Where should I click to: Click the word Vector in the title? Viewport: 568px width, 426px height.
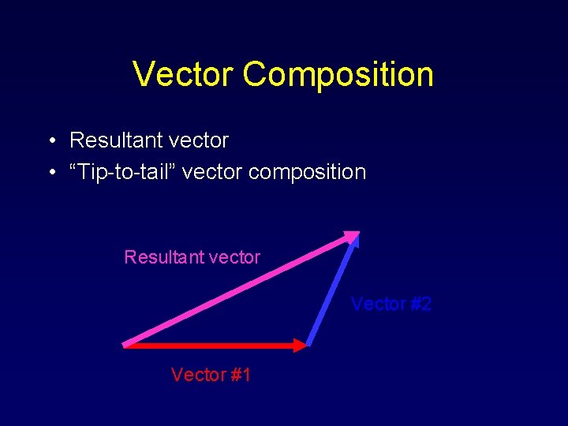(184, 74)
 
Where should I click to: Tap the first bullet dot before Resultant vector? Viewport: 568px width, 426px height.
(50, 141)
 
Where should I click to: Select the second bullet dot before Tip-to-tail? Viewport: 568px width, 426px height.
(50, 173)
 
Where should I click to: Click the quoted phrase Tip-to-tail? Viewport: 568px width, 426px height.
(121, 172)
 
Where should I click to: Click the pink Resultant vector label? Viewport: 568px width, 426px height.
(192, 257)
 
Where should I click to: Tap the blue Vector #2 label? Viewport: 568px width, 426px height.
(390, 304)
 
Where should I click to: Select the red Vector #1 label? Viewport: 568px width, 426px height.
(211, 375)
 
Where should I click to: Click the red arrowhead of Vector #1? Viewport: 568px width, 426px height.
(298, 345)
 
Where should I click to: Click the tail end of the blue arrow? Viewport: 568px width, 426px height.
(308, 344)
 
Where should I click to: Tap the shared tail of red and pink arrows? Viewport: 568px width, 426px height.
(125, 344)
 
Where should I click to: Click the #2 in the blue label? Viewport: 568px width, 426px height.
(419, 304)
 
